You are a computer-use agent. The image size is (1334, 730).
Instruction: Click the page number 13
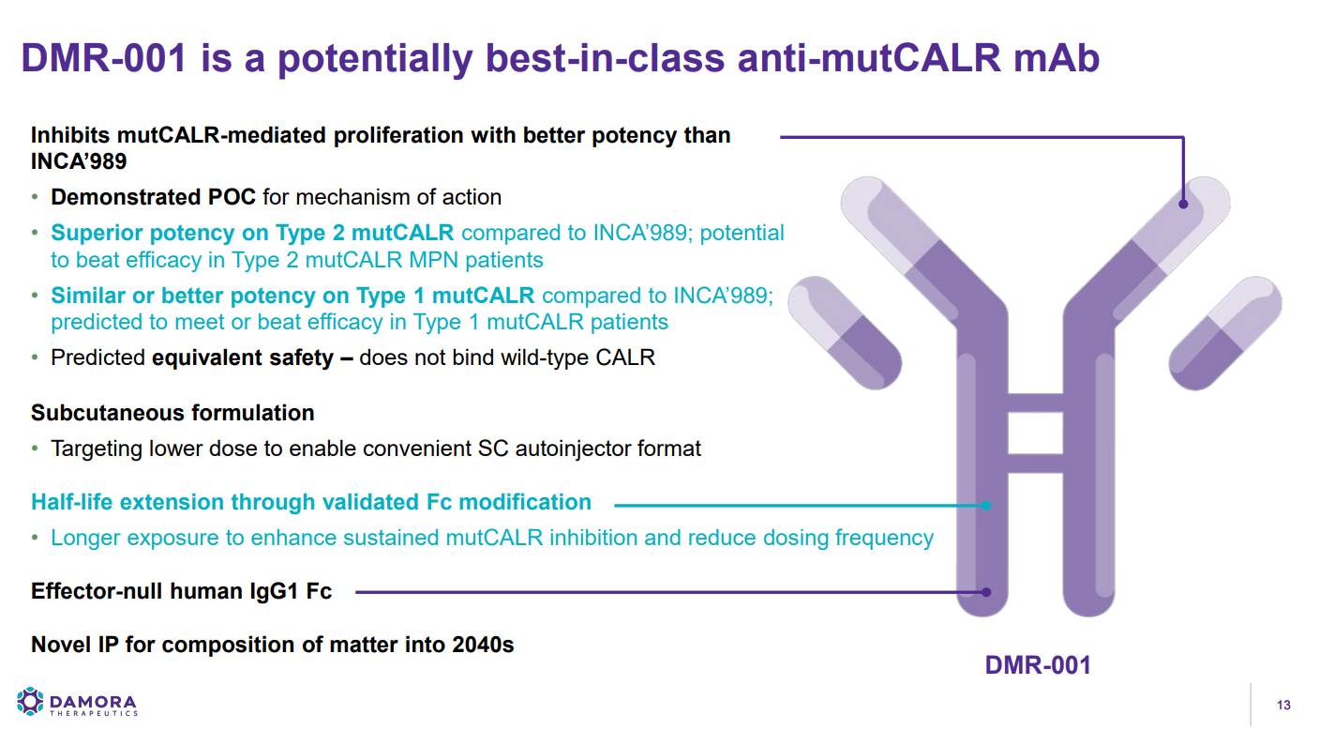1283,705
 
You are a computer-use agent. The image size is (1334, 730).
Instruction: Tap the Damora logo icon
30,702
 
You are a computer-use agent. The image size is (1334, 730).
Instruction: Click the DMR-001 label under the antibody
1038,665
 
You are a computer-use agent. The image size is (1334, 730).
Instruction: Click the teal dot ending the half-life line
986,506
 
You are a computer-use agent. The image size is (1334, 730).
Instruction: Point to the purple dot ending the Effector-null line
986,592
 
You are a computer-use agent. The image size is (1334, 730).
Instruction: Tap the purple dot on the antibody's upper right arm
1183,204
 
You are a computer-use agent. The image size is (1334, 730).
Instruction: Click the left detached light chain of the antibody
845,332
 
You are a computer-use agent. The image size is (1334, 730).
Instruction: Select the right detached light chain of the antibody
1225,332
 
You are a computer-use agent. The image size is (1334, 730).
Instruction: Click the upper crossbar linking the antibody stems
1036,403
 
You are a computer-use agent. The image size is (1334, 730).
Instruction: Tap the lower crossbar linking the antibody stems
1036,464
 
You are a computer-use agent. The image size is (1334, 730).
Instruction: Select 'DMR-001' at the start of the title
104,58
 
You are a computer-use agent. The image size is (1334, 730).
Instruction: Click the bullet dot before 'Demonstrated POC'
35,197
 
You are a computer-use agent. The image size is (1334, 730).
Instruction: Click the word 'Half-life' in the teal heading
71,502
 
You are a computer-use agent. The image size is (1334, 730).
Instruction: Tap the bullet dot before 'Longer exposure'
35,538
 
